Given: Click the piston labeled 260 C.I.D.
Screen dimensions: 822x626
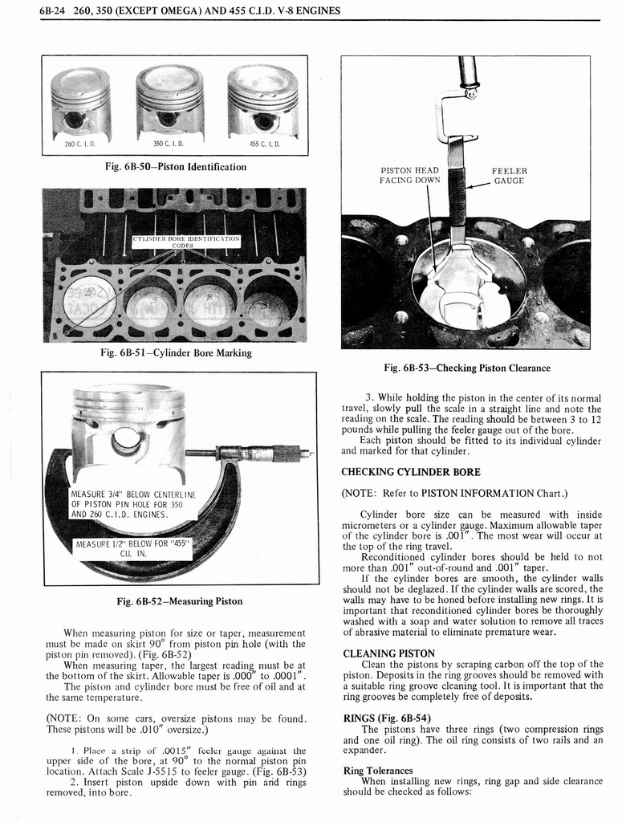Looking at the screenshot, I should point(80,103).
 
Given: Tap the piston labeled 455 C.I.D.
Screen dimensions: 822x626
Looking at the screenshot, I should point(262,101).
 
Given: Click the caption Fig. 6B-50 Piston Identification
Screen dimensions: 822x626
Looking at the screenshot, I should point(176,167).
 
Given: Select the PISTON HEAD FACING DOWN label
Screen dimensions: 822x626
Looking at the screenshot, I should point(409,175).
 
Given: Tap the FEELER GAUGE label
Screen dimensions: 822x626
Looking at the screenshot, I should point(510,175).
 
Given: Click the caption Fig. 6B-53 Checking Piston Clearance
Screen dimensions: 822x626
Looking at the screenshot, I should point(467,368).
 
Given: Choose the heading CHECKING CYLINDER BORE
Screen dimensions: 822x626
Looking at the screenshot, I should point(411,471).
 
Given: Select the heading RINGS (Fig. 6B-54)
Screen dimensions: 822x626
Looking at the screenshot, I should point(387,718).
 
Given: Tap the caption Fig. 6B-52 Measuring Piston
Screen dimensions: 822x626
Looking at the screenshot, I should point(179,600).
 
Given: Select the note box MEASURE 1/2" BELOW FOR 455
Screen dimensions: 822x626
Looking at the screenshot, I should point(132,548).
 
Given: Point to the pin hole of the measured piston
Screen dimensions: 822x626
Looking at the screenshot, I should point(126,442).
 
